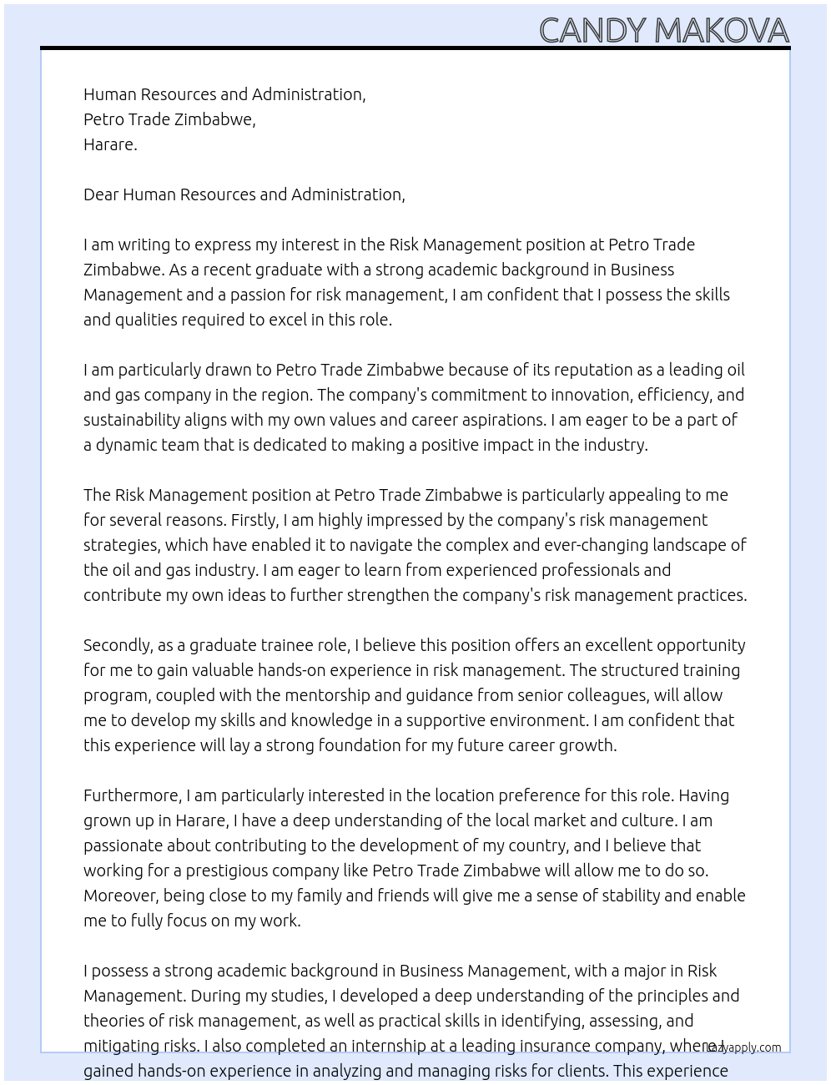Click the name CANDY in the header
[x=592, y=31]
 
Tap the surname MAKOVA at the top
[x=722, y=31]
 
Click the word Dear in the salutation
[x=101, y=194]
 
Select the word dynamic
[x=126, y=445]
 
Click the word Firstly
[x=254, y=520]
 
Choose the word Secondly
[x=119, y=645]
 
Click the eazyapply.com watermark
[x=744, y=1047]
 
